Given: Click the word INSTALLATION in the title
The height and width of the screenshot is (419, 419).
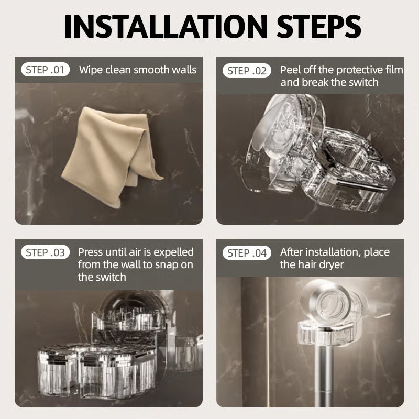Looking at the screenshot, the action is pos(166,27).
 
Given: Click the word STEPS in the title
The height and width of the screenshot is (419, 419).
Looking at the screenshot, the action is pos(319,27).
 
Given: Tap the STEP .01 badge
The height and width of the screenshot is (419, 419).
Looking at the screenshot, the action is pos(46,70).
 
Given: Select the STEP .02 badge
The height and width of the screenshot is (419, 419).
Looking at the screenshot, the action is pos(247,71).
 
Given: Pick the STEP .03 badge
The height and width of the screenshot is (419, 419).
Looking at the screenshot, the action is pos(46,252).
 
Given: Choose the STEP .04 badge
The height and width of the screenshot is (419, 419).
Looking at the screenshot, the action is pos(247,253).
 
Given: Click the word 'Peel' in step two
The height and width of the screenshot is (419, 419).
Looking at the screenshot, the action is pos(291,70).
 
